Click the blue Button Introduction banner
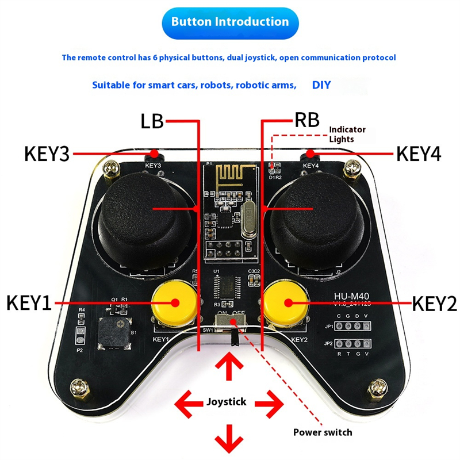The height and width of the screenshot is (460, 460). click(230, 22)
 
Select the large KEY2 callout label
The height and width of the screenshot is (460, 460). click(435, 302)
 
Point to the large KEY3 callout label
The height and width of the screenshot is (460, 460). click(47, 154)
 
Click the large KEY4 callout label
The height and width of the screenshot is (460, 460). click(419, 154)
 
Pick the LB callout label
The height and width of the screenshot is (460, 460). click(152, 121)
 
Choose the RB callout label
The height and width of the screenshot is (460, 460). click(306, 121)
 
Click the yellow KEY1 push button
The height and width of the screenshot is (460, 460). click(174, 302)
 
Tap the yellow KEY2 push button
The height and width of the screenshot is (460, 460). click(286, 302)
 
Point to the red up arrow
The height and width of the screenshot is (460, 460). click(230, 367)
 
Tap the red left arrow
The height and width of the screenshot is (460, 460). click(187, 401)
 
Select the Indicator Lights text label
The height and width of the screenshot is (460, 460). click(347, 134)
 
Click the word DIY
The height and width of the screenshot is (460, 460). click(321, 85)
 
